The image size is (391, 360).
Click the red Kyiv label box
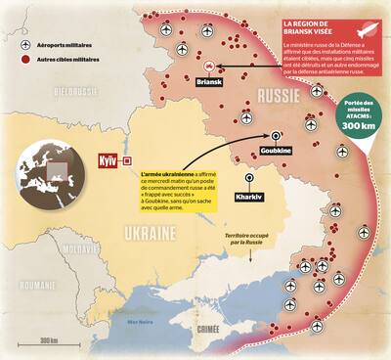point(109,159)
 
